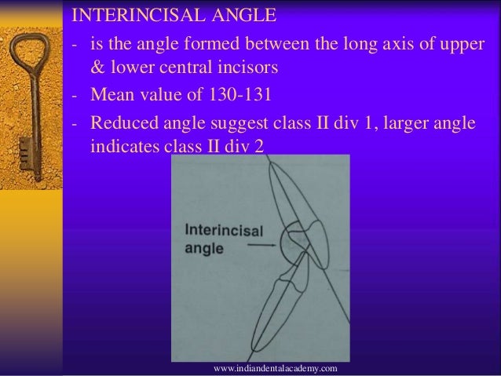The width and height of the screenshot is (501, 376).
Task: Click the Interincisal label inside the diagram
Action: tap(225, 232)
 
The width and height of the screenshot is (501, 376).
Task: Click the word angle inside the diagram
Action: tap(203, 249)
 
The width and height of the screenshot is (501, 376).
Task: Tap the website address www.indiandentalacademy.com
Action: tap(275, 367)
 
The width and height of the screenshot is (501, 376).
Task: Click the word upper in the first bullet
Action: tap(455, 42)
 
